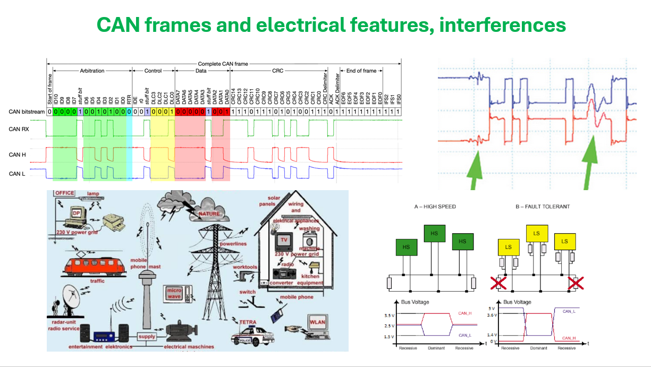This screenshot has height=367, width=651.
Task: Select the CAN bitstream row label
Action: point(27,112)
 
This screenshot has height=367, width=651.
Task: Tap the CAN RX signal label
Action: point(20,129)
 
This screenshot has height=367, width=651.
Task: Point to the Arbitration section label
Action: point(91,71)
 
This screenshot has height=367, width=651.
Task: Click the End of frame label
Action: point(361,71)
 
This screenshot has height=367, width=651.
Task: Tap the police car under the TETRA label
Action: point(252,336)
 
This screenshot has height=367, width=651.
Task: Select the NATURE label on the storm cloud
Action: point(209,214)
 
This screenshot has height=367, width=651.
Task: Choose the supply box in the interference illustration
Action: point(147,337)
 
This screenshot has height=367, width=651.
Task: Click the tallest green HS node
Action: point(434,234)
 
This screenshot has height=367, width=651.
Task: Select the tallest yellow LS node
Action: point(536,234)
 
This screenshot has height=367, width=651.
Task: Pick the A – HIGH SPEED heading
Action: point(435,206)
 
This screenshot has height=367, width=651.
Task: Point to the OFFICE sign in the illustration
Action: point(65,193)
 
